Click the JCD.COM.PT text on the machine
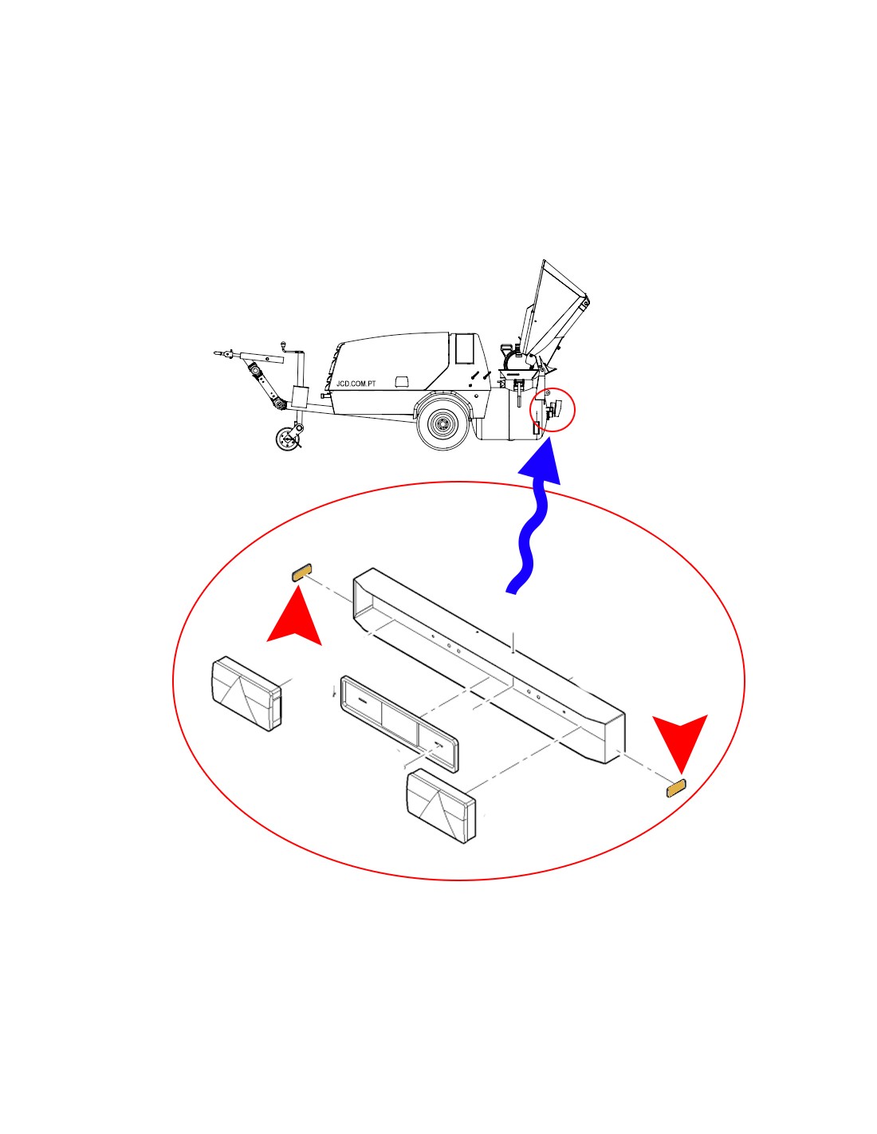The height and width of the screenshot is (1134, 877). [x=356, y=384]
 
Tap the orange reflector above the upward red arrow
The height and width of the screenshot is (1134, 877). [x=301, y=572]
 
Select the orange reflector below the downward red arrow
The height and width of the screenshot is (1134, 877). [x=677, y=788]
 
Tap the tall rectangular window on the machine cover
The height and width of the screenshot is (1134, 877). [x=463, y=348]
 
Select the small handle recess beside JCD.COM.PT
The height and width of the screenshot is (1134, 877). [x=402, y=382]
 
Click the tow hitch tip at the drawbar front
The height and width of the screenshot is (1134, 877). [x=218, y=353]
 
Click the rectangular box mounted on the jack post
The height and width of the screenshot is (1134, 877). [x=301, y=398]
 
